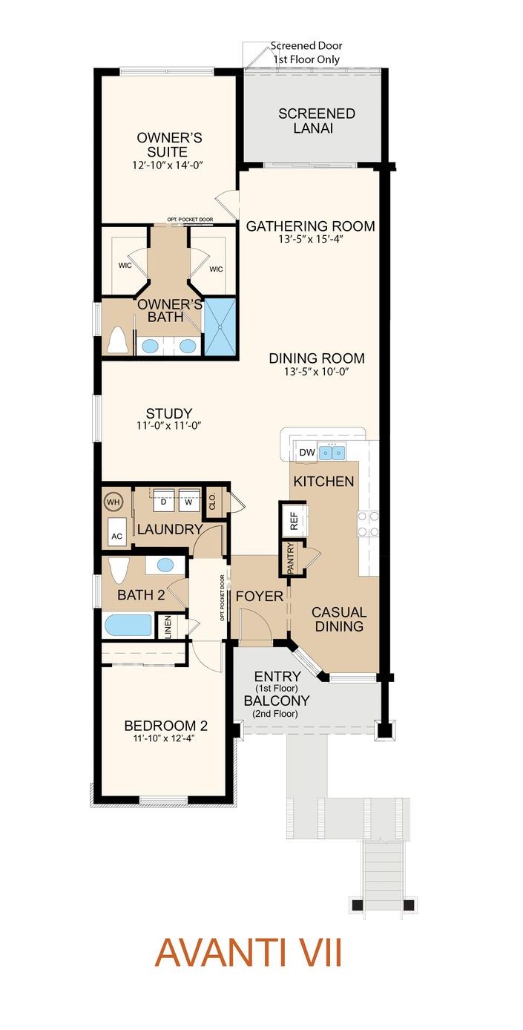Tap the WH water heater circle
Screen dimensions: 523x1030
tap(113, 502)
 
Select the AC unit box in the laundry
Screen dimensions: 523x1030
tap(116, 531)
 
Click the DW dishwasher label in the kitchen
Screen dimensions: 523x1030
tap(307, 453)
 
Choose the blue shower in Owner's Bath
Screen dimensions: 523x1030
tap(220, 327)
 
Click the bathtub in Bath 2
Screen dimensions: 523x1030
tap(128, 626)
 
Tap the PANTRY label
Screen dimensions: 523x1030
tap(291, 558)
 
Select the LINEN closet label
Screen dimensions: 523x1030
tap(168, 626)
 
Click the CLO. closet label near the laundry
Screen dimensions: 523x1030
tap(212, 501)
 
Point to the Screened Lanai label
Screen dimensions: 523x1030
tap(317, 121)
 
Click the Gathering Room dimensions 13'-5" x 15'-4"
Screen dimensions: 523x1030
tap(312, 240)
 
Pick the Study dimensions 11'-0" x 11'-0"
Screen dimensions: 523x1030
tap(168, 426)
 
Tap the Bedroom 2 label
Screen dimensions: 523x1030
tap(166, 726)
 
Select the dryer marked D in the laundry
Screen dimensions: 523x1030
tap(163, 500)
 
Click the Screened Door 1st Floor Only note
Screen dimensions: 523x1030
tap(306, 53)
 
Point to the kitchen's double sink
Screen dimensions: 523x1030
tap(332, 453)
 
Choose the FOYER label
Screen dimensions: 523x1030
tap(259, 597)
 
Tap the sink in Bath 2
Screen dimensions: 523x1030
tap(165, 565)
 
